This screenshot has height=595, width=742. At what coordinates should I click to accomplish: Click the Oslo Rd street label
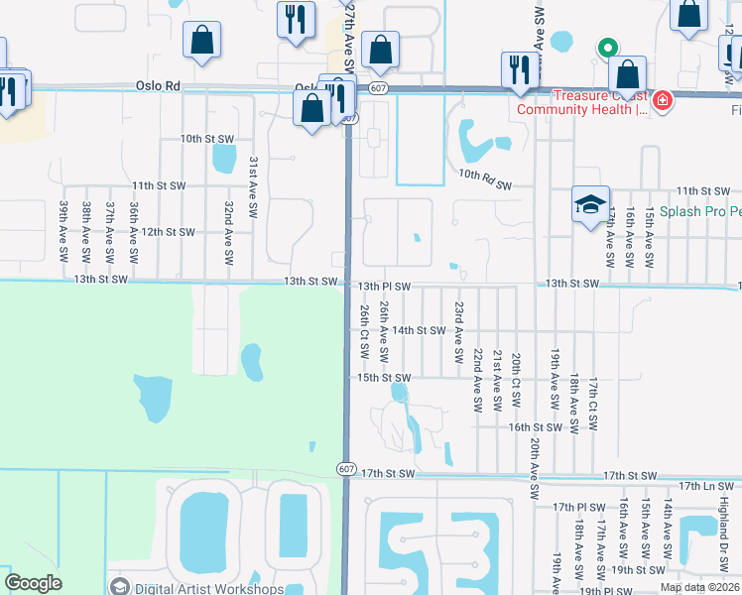click(157, 86)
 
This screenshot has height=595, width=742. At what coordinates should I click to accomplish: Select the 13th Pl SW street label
click(384, 287)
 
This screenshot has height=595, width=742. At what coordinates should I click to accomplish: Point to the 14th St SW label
click(418, 330)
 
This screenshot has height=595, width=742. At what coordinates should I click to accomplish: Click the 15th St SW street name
click(384, 378)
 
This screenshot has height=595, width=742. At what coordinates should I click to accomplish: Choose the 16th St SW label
click(536, 427)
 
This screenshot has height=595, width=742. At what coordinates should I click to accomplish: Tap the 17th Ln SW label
click(709, 486)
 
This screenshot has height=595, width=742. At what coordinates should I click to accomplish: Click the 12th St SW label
click(167, 231)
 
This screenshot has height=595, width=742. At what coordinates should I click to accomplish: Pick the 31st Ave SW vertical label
click(254, 187)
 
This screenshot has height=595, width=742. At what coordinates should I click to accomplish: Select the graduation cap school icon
click(590, 203)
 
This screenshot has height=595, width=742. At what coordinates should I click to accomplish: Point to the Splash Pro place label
click(706, 212)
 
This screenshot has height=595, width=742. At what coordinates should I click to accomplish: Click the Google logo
click(33, 583)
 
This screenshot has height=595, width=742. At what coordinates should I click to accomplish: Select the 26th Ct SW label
click(365, 331)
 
